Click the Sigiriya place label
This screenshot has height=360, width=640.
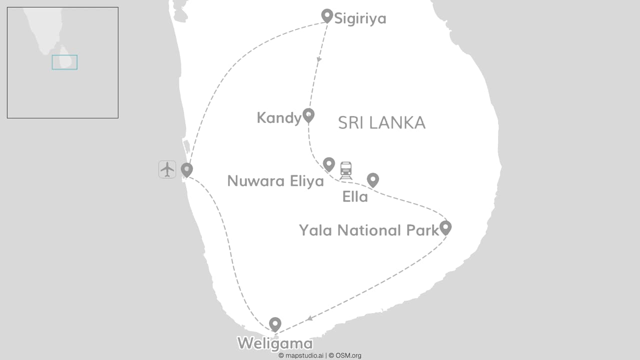pos(360,19)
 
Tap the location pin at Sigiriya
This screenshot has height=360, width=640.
pos(327,15)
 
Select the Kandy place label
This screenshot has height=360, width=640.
pos(279,118)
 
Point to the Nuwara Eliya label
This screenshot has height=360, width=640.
pos(275,181)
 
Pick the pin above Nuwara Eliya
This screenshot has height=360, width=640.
pos(328,163)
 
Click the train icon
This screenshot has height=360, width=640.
pos(346,170)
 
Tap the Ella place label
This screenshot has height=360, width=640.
pos(355,197)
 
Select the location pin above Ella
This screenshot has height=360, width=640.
pos(372,179)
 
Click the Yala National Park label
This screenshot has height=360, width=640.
pos(369,230)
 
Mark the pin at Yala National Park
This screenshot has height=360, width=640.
pos(445,227)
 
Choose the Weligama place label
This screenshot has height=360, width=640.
pos(275,344)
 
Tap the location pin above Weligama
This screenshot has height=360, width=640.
pos(275,324)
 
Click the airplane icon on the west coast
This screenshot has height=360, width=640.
pos(167,169)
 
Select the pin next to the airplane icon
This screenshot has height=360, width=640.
pos(187,169)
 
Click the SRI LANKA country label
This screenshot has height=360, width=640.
pos(381,123)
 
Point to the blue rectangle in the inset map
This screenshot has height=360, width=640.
pos(64,62)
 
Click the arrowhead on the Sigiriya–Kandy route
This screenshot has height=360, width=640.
pos(319,59)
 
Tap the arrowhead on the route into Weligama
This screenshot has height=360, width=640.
pos(310,318)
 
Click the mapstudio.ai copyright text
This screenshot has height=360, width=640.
pos(301,355)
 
